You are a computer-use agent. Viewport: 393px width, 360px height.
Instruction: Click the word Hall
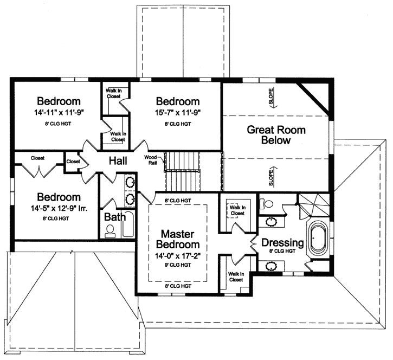click(x=118, y=160)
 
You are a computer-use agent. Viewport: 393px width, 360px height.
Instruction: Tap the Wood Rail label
click(x=151, y=161)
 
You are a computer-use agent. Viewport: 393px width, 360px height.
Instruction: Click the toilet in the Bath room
click(x=110, y=231)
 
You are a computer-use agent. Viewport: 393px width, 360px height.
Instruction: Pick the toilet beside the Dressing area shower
click(x=265, y=204)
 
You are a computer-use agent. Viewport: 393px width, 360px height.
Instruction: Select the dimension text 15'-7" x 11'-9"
click(x=177, y=114)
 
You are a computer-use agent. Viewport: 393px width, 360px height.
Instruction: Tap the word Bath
click(x=114, y=217)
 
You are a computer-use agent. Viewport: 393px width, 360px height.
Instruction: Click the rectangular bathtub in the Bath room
click(x=128, y=224)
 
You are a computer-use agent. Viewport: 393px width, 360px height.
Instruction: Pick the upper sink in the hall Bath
click(x=130, y=183)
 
